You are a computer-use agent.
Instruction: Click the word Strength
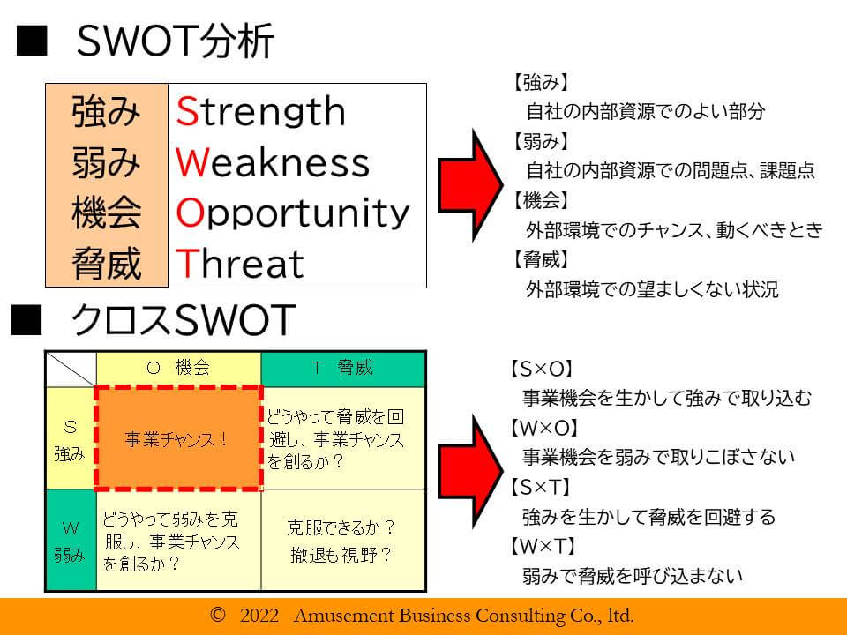(260, 112)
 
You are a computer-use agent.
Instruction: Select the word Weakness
(273, 161)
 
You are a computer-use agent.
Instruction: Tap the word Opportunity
(292, 213)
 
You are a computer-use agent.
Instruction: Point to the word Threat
(239, 263)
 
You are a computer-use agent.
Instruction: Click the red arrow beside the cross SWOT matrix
(469, 471)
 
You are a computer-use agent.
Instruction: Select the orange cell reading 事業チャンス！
(178, 438)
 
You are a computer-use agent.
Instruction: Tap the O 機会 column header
(178, 369)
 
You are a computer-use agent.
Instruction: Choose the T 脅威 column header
(343, 369)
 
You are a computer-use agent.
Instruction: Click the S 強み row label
(71, 438)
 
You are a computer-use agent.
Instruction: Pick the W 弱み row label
(71, 540)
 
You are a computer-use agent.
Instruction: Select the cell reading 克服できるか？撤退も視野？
(342, 540)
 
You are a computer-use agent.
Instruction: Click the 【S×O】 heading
(541, 370)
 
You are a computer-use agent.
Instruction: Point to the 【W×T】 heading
(543, 547)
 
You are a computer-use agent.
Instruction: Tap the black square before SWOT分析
(32, 41)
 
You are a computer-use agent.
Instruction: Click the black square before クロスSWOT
(26, 320)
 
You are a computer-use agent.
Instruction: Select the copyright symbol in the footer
(217, 615)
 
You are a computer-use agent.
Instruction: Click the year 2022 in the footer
(259, 615)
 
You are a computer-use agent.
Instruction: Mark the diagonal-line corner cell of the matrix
(71, 370)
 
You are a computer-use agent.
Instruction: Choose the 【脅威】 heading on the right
(540, 259)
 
